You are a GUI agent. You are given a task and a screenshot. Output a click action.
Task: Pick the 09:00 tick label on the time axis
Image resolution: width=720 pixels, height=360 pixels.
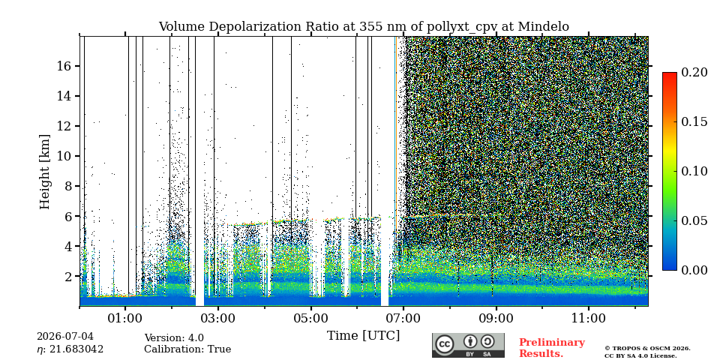click(x=496, y=318)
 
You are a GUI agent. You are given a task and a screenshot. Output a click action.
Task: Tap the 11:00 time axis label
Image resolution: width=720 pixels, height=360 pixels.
click(x=589, y=318)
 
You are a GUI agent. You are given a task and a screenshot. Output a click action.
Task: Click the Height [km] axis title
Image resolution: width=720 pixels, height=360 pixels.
click(x=44, y=171)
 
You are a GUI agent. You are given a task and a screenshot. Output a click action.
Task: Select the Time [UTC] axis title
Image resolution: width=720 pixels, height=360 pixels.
click(x=363, y=336)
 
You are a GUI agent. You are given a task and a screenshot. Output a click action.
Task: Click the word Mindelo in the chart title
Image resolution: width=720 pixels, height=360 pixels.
click(x=543, y=27)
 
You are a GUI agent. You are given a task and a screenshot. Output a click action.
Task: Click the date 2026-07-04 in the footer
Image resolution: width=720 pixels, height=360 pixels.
click(x=64, y=337)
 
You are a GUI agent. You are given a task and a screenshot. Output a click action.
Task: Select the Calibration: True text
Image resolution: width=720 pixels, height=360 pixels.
click(x=187, y=349)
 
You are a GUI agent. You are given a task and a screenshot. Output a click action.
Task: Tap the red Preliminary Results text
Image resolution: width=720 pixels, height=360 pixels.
click(x=552, y=347)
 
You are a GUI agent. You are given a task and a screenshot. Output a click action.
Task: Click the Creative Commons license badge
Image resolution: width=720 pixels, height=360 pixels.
click(x=468, y=345)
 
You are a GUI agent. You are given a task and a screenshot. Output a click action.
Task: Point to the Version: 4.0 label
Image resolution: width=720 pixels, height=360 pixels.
click(x=174, y=338)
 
